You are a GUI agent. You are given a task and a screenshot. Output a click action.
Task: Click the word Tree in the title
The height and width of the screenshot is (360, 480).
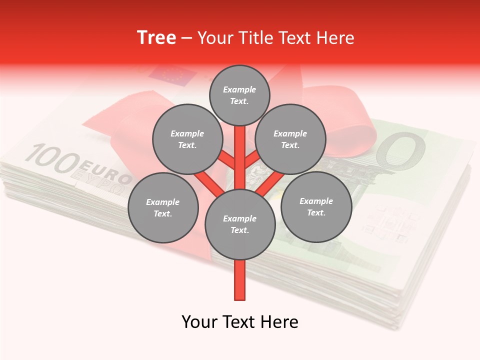tap(156, 37)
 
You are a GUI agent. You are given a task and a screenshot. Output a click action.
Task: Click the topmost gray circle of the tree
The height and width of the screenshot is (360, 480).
tap(239, 95)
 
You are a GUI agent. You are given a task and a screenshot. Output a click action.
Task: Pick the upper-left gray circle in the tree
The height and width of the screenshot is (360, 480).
tap(187, 139)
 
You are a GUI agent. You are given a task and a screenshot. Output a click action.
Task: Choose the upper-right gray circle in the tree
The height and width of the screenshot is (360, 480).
tap(290, 139)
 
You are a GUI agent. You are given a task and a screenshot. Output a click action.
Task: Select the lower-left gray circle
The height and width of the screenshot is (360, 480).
tap(162, 207)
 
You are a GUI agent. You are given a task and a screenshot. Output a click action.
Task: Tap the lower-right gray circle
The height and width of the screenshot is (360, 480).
tap(316, 206)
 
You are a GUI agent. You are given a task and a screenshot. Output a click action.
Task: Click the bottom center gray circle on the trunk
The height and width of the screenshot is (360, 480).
tap(239, 224)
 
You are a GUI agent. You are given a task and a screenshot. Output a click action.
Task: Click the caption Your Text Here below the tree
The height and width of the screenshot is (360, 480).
tap(239, 322)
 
